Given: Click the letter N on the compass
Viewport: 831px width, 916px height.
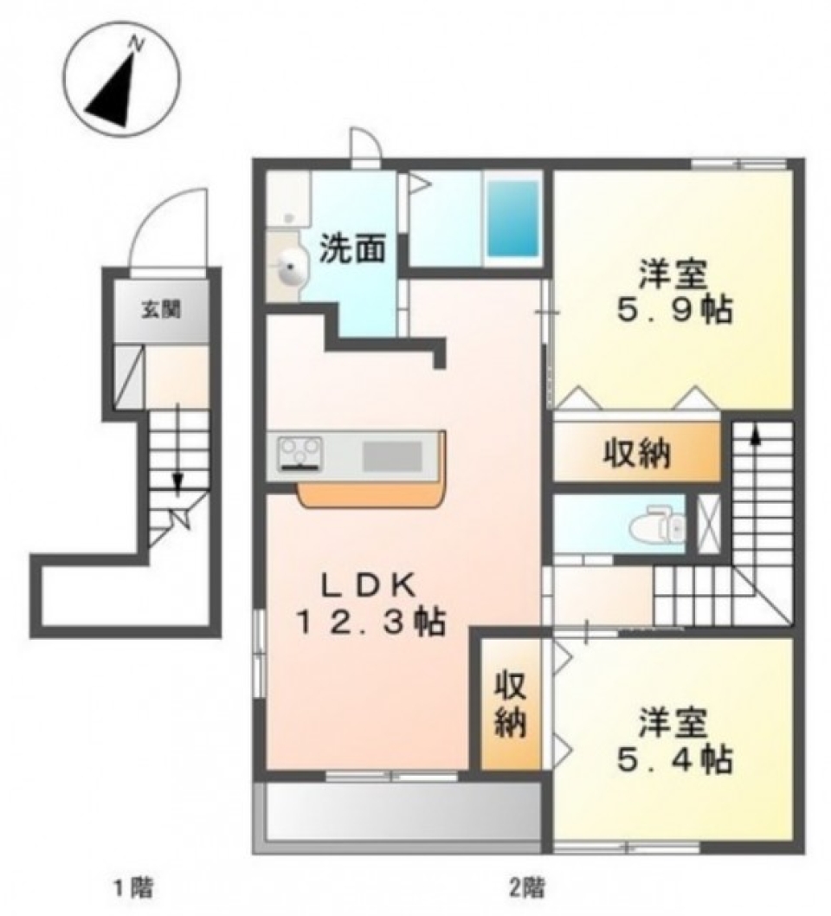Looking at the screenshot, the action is (x=138, y=43).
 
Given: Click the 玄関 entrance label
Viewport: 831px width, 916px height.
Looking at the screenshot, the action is (x=161, y=309).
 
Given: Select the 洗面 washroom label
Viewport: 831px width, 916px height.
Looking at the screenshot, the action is (x=352, y=249).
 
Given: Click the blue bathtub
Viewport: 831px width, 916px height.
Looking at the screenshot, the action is (x=512, y=218).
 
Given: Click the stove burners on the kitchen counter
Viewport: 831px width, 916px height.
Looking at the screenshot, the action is (x=300, y=453).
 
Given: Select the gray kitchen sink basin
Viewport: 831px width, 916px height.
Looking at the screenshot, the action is (x=392, y=455).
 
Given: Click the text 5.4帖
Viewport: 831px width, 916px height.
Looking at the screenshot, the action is (x=673, y=758).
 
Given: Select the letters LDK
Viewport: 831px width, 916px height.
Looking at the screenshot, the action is (x=370, y=586).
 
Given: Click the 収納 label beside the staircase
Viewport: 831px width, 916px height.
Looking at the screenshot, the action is (x=636, y=454).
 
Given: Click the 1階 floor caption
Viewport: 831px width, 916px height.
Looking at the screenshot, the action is (x=132, y=889).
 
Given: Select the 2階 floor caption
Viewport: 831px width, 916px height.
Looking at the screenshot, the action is (x=529, y=889).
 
